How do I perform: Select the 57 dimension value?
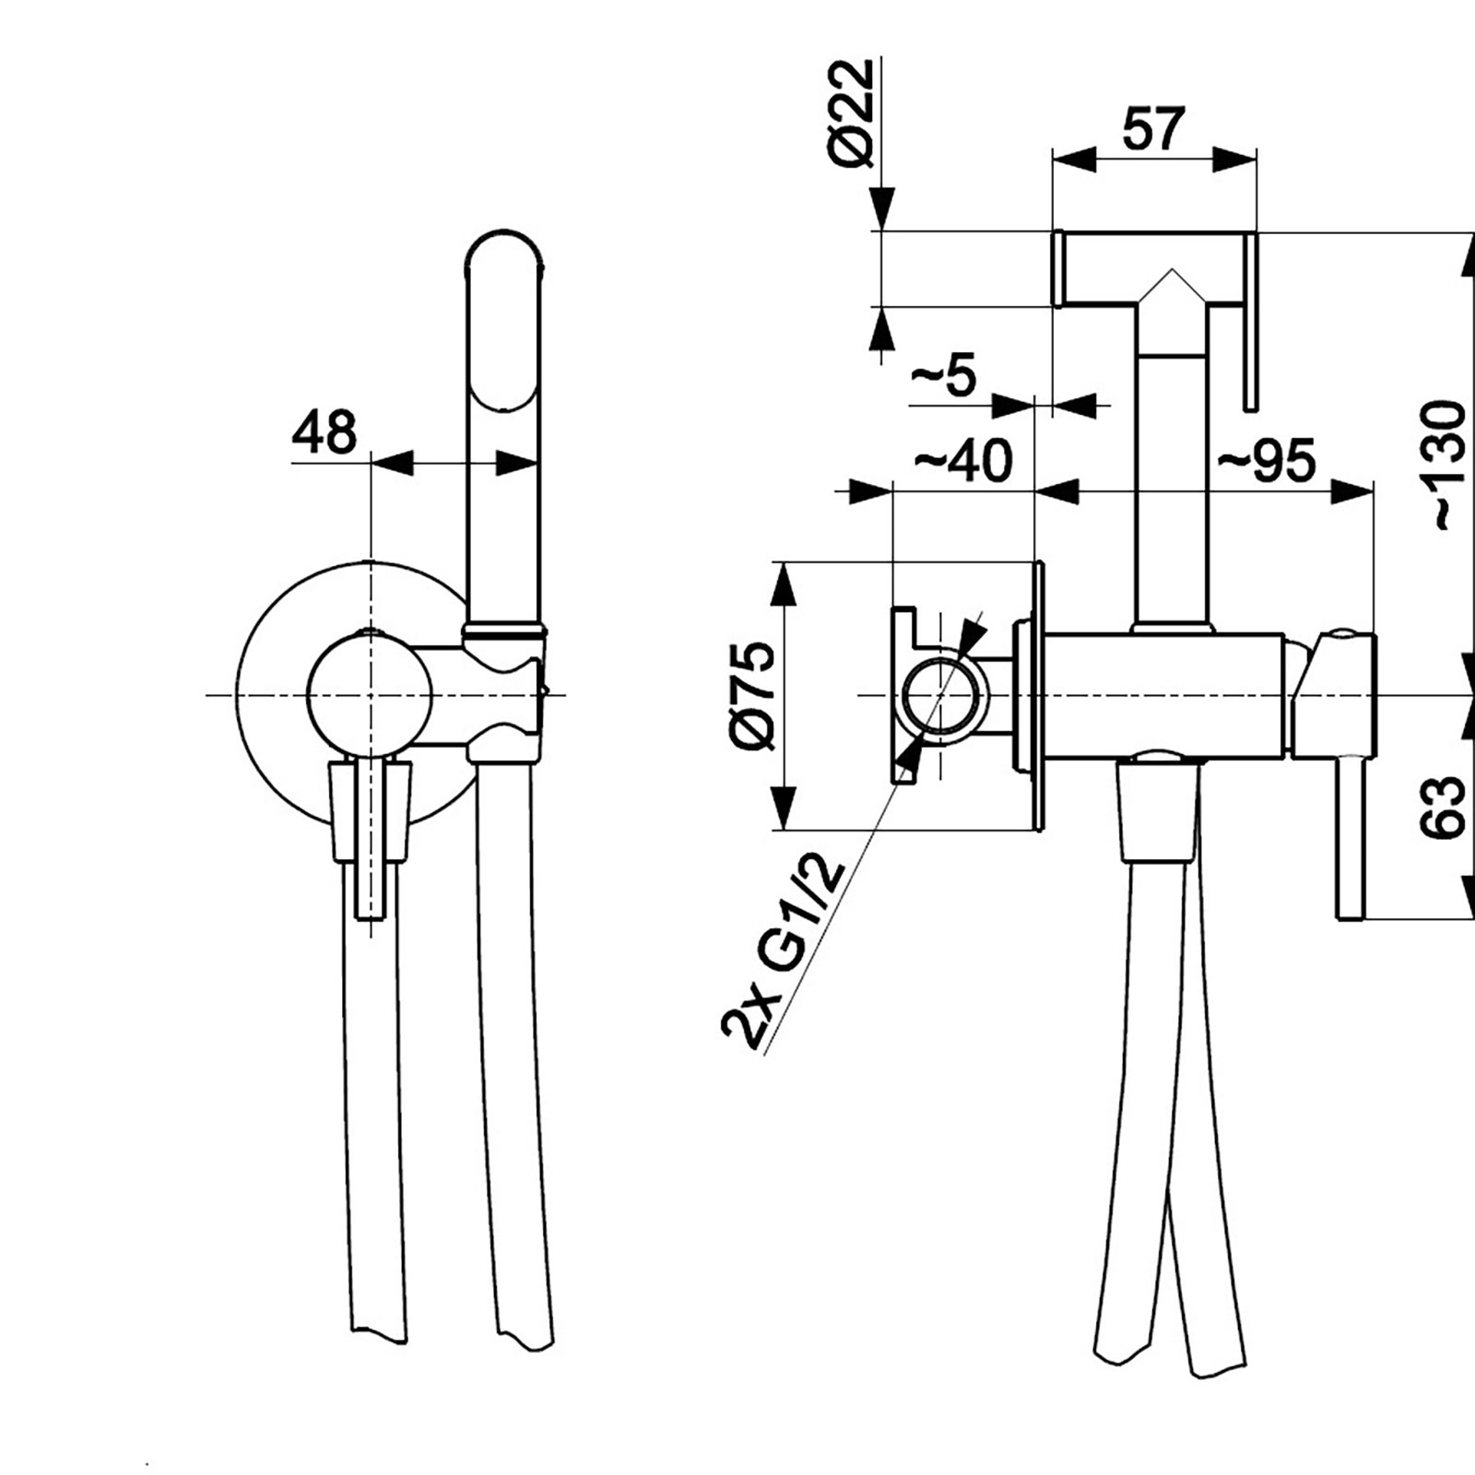click(1152, 129)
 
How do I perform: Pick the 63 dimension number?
click(1444, 807)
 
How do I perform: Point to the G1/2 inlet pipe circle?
click(942, 697)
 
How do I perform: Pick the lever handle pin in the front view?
click(371, 885)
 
